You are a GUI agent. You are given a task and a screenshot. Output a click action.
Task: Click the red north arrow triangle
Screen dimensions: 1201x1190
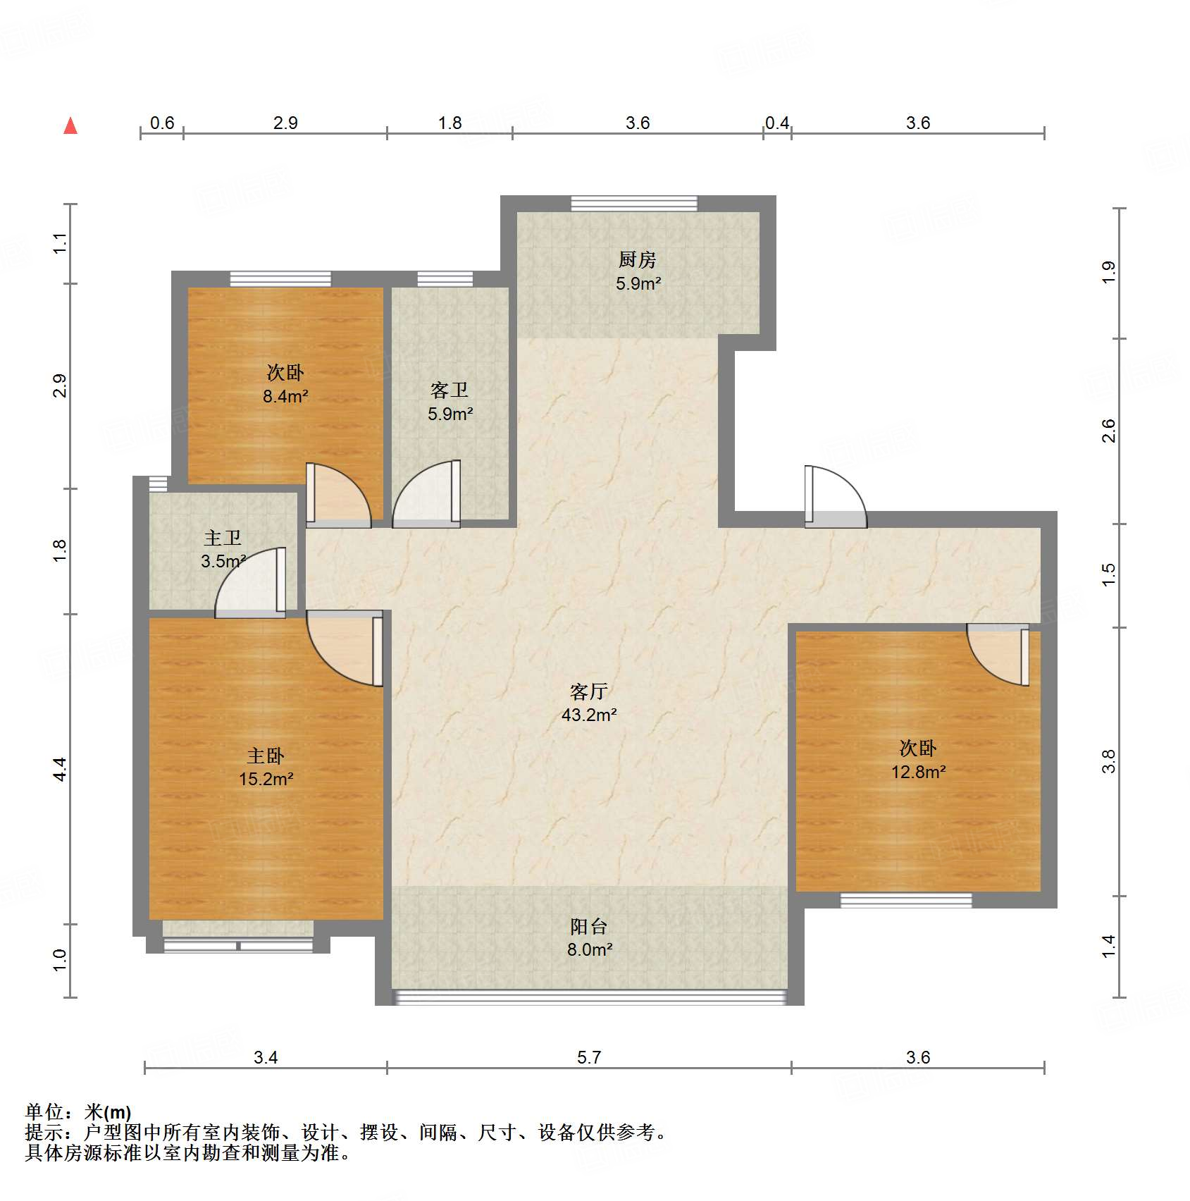point(70,126)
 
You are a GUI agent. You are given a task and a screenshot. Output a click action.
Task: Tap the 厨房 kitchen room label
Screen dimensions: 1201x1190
point(638,260)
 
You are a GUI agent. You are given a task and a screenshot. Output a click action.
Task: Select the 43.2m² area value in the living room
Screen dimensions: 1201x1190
point(589,715)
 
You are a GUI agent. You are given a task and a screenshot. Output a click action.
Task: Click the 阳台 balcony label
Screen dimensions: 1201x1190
point(588,926)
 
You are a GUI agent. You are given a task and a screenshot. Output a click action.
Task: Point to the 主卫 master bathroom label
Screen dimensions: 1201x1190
point(223,538)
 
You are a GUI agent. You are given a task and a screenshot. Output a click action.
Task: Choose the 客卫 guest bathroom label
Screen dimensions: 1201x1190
point(450,390)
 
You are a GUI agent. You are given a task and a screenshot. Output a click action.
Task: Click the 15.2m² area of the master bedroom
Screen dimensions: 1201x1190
point(266,780)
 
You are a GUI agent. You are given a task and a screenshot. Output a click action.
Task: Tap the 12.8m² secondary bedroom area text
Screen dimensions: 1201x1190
point(918,772)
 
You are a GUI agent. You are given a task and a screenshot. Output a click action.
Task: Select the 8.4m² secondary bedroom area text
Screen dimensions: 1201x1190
point(285,397)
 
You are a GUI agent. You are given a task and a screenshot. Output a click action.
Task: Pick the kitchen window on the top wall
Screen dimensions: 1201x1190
point(633,204)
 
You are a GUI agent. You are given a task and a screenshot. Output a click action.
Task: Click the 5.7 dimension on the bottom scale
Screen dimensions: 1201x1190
point(589,1057)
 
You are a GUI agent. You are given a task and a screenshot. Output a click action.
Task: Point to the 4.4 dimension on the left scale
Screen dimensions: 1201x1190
point(60,768)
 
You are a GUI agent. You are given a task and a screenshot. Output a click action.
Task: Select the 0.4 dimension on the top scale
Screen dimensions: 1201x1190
point(776,123)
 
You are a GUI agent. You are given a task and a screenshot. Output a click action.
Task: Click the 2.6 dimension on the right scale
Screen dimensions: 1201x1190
point(1109,430)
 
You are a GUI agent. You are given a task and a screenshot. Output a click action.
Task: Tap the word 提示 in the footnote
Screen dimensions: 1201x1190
point(44,1133)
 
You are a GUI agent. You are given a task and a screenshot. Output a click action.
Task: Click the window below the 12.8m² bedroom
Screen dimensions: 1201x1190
point(905,900)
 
